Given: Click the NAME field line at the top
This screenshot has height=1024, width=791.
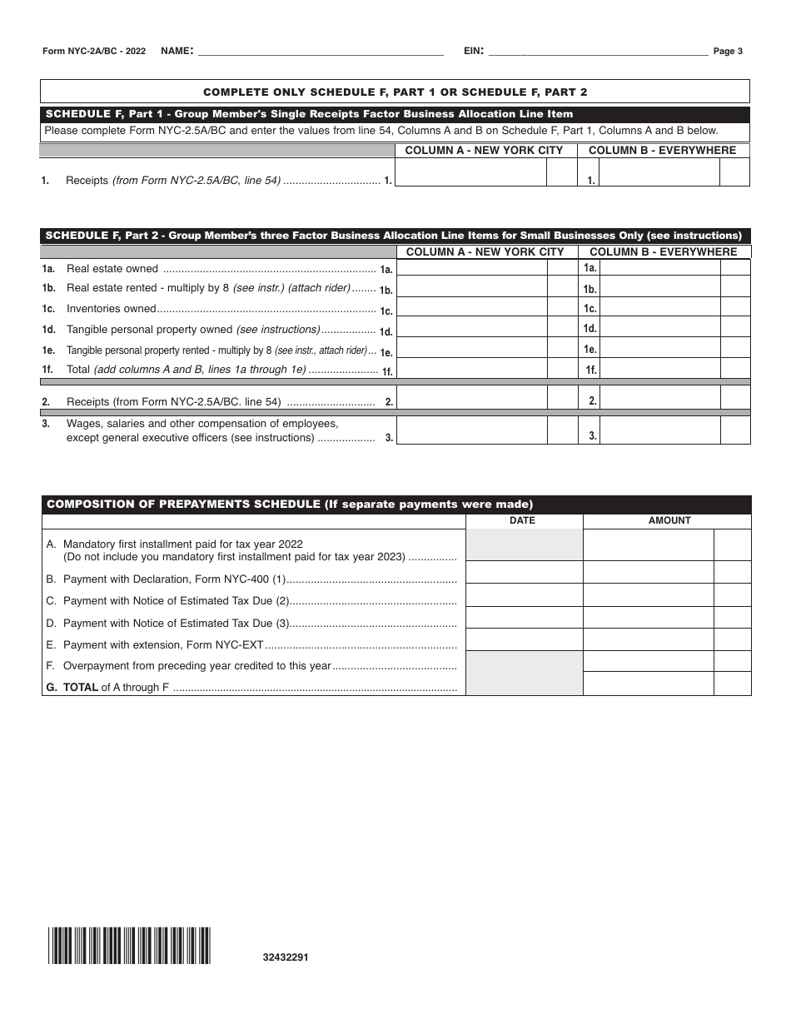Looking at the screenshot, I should [321, 52].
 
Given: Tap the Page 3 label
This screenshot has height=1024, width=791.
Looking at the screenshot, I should [728, 52].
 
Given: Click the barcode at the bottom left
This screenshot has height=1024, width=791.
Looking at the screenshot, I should [129, 945].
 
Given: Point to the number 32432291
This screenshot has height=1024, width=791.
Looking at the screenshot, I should [286, 957].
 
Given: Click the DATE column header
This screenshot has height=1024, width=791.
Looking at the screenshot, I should [523, 520].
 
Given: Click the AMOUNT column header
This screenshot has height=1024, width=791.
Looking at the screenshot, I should [669, 520].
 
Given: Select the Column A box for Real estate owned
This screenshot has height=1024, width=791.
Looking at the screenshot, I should [472, 268].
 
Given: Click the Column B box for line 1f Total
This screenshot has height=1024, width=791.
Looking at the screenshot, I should [659, 369].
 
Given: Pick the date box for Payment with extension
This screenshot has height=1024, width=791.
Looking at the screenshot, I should [524, 639].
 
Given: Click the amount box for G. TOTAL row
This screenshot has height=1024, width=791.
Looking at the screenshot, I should [649, 683].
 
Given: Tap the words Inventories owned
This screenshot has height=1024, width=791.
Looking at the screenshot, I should [112, 309].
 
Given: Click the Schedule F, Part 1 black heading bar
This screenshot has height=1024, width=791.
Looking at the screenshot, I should [395, 114].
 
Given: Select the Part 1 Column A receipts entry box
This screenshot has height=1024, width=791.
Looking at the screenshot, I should [470, 172].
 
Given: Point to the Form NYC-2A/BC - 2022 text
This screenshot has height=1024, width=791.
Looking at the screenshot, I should [94, 52].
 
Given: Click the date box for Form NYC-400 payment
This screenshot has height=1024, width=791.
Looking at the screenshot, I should [524, 572].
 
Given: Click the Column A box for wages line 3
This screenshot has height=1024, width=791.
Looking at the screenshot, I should [472, 430].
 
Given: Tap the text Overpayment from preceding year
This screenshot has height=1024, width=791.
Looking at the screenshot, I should [197, 666].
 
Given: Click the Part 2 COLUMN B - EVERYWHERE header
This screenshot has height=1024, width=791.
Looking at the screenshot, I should [663, 251].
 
